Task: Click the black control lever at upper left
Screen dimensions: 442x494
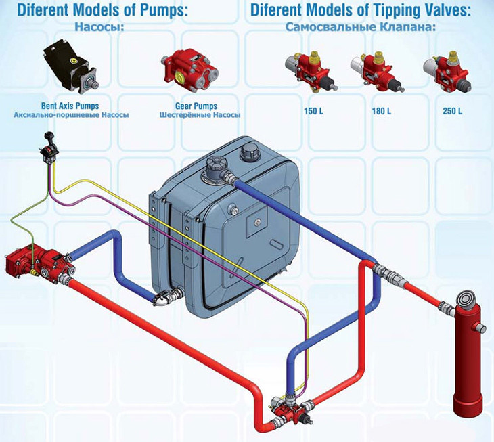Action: pos(47,149)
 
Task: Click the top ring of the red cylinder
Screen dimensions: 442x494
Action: pos(467,298)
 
